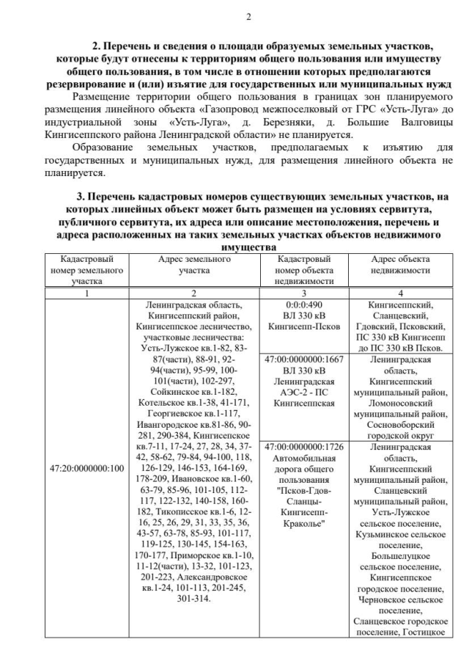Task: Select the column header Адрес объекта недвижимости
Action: [400, 264]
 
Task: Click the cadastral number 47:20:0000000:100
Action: [87, 467]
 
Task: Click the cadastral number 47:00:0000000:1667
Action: [306, 360]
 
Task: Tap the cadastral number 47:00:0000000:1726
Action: [306, 447]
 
